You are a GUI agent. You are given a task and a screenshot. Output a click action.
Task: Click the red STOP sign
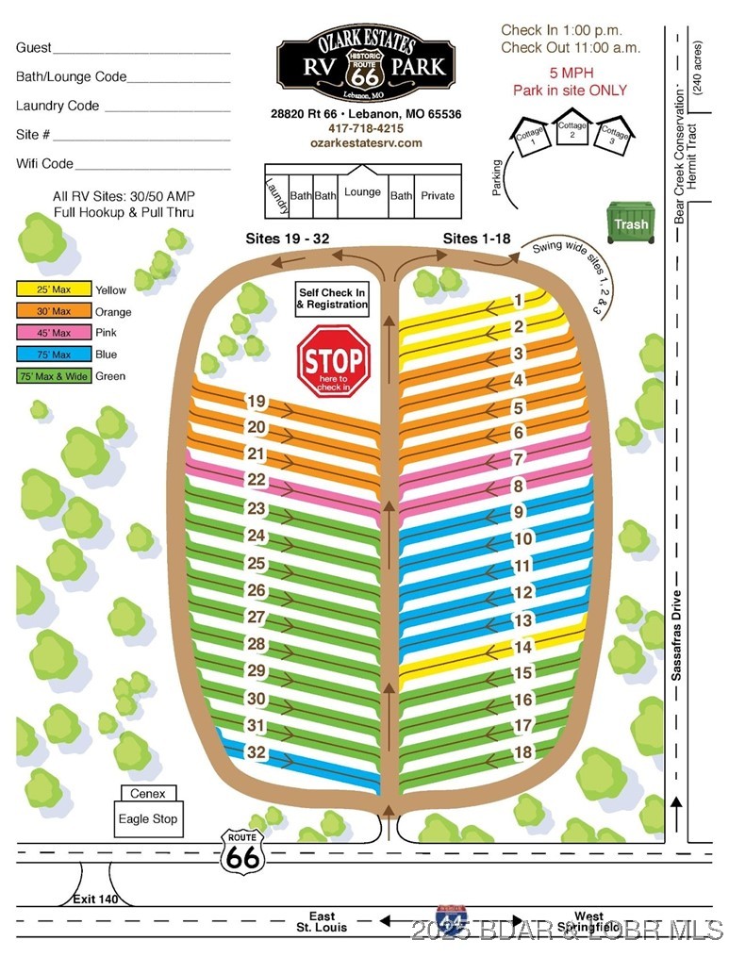tap(333, 361)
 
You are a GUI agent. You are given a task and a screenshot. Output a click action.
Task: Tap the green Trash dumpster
tap(631, 223)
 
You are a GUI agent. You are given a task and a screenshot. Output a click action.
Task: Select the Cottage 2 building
tap(572, 127)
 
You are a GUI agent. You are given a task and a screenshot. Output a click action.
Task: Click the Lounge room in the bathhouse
tap(363, 191)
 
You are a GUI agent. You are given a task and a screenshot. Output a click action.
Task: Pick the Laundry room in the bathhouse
tap(276, 196)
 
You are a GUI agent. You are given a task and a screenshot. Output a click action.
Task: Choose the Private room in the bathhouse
tap(438, 196)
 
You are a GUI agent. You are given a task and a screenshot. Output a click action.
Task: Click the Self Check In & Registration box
tap(332, 299)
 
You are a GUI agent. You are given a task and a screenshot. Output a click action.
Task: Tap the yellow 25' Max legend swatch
tap(54, 289)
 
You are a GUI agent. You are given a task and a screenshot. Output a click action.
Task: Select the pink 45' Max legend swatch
tap(54, 333)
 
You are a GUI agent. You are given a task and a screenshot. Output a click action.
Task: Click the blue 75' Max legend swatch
tap(54, 355)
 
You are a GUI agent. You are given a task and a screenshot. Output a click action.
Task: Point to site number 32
tap(257, 752)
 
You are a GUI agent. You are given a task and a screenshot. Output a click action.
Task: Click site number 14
tap(523, 647)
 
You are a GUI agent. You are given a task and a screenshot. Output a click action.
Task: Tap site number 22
tap(257, 480)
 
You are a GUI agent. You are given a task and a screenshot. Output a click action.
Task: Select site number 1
tap(519, 300)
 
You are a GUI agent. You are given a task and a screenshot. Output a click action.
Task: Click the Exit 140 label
tap(95, 899)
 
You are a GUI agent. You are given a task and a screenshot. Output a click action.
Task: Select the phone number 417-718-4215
tap(366, 128)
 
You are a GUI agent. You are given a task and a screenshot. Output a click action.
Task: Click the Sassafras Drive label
tap(676, 635)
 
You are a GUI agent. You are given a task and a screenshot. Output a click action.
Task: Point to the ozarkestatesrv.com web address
tap(366, 142)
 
